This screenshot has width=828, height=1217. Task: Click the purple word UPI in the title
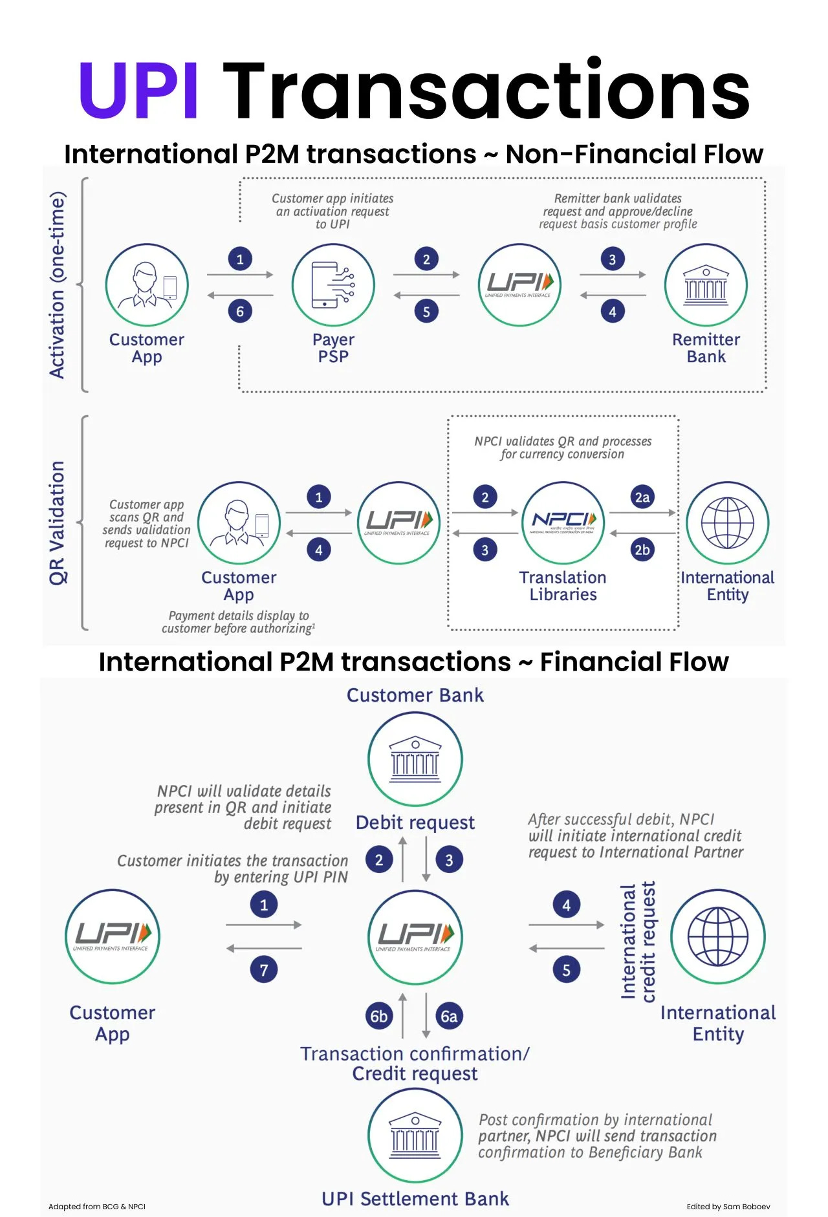coord(138,91)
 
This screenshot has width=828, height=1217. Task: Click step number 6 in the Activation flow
coord(240,312)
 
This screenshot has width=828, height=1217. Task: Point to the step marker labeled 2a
coord(642,497)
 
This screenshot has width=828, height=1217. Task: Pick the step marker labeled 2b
coord(642,550)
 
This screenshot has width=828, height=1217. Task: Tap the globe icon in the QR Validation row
coord(728,522)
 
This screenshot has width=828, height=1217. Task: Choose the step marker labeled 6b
coord(379,1017)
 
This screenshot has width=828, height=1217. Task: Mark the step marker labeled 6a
coord(449,1017)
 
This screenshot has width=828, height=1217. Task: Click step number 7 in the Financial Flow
coord(264,970)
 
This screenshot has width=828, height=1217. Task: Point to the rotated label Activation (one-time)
coord(58,285)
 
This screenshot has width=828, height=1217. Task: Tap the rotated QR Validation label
coord(58,522)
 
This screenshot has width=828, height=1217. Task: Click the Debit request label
coord(415,823)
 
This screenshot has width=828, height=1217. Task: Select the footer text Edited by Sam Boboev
coord(728,1207)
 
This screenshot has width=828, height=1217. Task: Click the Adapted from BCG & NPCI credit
coord(97,1207)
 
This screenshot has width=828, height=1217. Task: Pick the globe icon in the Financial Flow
coord(718,936)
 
